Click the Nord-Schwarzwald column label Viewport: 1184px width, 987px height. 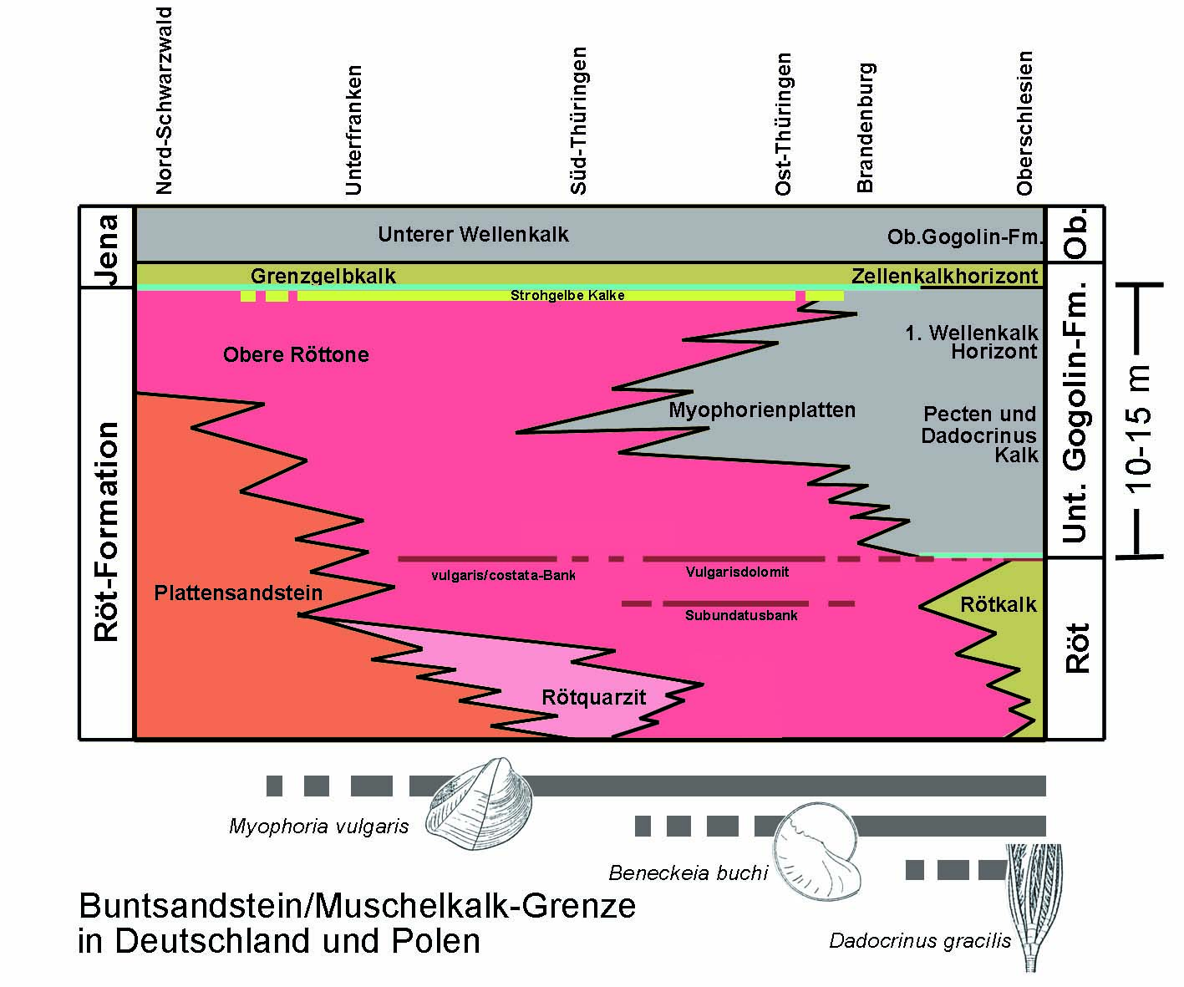click(x=164, y=100)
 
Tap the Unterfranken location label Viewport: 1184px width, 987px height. click(x=353, y=130)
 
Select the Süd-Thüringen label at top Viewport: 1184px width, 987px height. click(x=578, y=121)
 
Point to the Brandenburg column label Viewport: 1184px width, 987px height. click(x=865, y=127)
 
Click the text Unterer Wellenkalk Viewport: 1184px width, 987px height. click(x=473, y=234)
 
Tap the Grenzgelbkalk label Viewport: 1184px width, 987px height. click(x=323, y=276)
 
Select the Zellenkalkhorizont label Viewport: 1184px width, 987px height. click(x=944, y=276)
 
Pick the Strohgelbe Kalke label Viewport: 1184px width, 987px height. click(x=567, y=295)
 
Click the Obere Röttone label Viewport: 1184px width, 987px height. click(x=296, y=354)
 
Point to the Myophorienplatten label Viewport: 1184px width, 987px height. click(x=762, y=410)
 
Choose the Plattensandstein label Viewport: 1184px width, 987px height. click(x=238, y=593)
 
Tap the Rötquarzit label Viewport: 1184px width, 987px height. click(x=593, y=697)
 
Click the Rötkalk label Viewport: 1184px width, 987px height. click(x=998, y=604)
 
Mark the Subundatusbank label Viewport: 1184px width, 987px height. click(x=741, y=616)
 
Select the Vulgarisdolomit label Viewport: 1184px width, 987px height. click(x=737, y=572)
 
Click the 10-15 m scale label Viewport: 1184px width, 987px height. click(x=1139, y=426)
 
